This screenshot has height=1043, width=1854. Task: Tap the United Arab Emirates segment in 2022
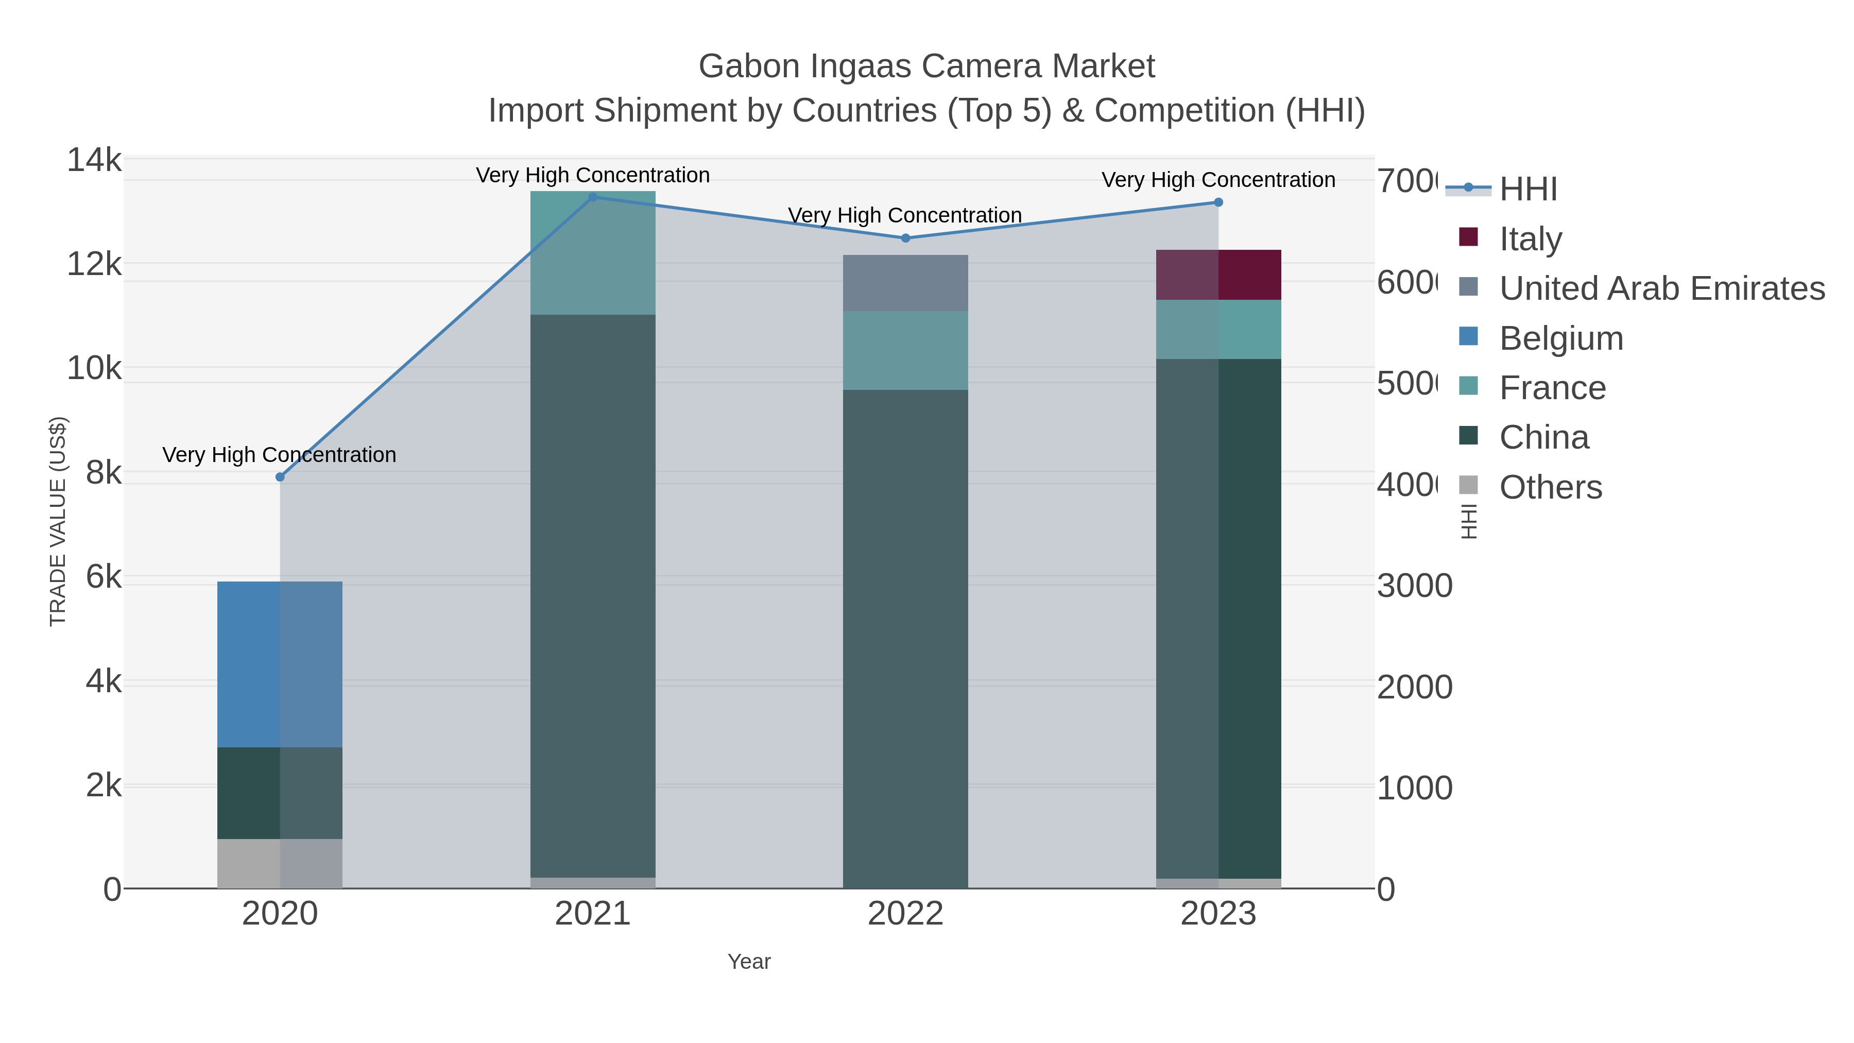pos(905,283)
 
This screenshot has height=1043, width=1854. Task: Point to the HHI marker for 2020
pos(280,477)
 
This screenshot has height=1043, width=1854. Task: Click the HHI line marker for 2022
pos(905,238)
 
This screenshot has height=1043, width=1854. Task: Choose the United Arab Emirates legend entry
pos(1661,288)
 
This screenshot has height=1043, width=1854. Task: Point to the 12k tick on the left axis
pos(94,264)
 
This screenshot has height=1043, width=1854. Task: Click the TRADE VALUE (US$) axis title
pos(58,521)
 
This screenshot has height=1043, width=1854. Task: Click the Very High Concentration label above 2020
pos(279,455)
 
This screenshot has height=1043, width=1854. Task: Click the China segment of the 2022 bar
pos(905,639)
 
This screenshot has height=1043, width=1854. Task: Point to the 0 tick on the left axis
pos(112,890)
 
